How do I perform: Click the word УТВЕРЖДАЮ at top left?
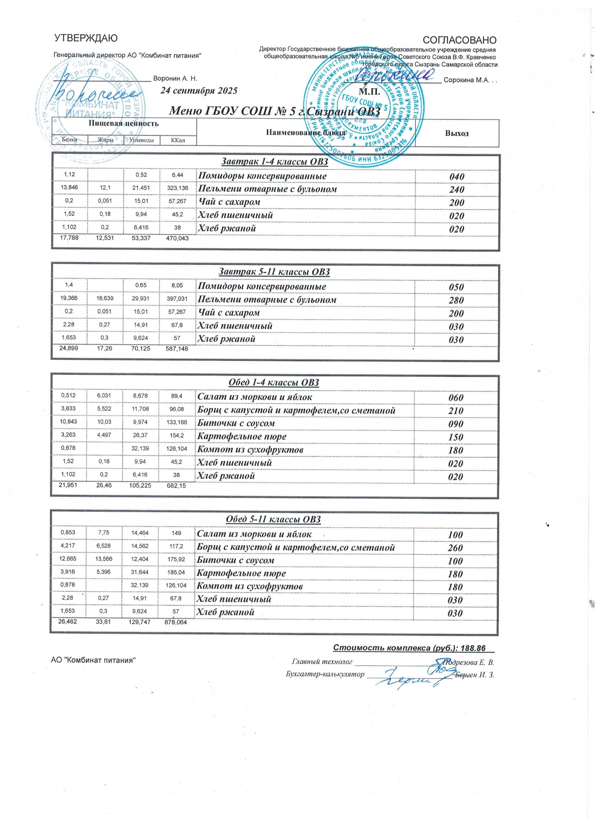click(85, 38)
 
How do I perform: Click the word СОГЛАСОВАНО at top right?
click(459, 39)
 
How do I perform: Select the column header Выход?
click(457, 133)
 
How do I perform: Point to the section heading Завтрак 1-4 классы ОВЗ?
click(275, 161)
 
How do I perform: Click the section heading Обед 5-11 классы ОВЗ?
click(273, 519)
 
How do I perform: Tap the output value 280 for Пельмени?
click(457, 300)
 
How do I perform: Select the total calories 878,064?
click(176, 623)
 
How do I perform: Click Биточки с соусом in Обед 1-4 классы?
click(236, 423)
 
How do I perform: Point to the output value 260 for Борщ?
click(456, 548)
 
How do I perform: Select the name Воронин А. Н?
click(175, 78)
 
